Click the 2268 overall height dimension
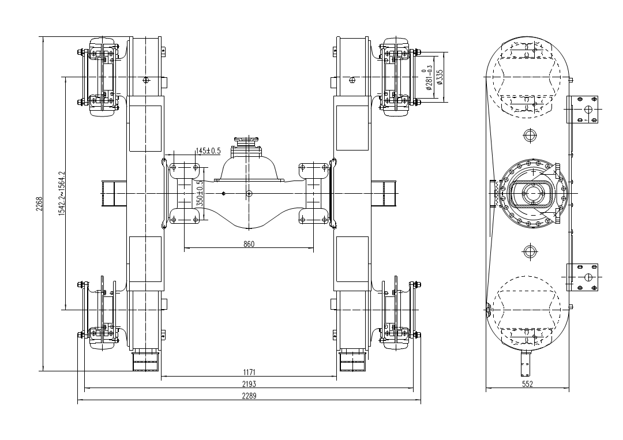click(39, 204)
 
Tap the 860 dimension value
click(249, 244)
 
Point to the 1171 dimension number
click(249, 372)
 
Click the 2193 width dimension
click(249, 384)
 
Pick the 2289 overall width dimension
click(249, 396)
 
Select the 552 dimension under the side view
click(528, 384)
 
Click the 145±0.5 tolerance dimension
click(208, 151)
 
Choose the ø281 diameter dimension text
click(428, 77)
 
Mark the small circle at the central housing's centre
click(249, 194)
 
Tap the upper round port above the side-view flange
click(530, 136)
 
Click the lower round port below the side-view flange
click(530, 251)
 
